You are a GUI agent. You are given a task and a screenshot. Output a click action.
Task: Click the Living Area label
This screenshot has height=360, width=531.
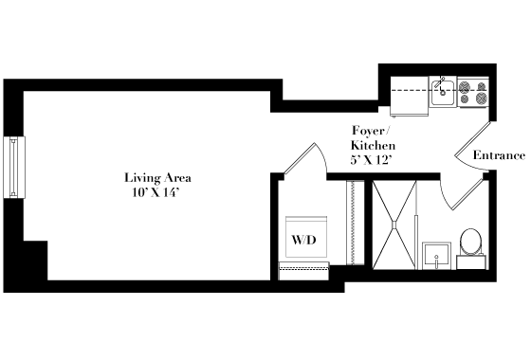pos(157,178)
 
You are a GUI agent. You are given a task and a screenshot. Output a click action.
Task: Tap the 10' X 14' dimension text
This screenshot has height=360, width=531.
pos(156,192)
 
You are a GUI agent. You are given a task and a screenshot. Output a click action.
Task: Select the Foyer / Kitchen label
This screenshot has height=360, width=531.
pos(373,138)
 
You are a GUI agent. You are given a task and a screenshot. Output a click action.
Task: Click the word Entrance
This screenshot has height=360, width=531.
pos(499,155)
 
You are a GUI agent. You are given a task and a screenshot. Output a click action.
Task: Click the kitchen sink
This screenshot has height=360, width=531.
pos(443,92)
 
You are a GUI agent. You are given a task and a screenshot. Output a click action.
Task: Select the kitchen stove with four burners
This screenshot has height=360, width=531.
pos(473,92)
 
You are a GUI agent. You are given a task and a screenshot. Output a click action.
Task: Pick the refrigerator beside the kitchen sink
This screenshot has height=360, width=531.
pos(410,96)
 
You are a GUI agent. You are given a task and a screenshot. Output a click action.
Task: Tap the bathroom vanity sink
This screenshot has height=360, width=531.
pos(436,256)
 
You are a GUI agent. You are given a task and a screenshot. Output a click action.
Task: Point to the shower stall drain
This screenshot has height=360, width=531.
pos(394,225)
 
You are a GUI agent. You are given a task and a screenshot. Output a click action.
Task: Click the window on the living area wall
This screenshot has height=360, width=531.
pos(14,167)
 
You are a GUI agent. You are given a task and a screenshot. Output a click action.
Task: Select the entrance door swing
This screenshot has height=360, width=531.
pos(472,146)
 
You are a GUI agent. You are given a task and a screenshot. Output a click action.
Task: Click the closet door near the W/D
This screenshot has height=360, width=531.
pos(304,158)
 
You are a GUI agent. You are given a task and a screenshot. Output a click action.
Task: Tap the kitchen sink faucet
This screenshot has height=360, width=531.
pos(441,85)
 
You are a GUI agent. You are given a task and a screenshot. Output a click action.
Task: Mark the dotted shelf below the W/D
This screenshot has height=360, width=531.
pos(303,271)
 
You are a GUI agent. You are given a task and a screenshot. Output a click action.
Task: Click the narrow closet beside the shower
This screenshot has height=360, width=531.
pos(356,223)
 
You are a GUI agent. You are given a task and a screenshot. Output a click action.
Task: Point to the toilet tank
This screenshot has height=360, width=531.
pos(471,262)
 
